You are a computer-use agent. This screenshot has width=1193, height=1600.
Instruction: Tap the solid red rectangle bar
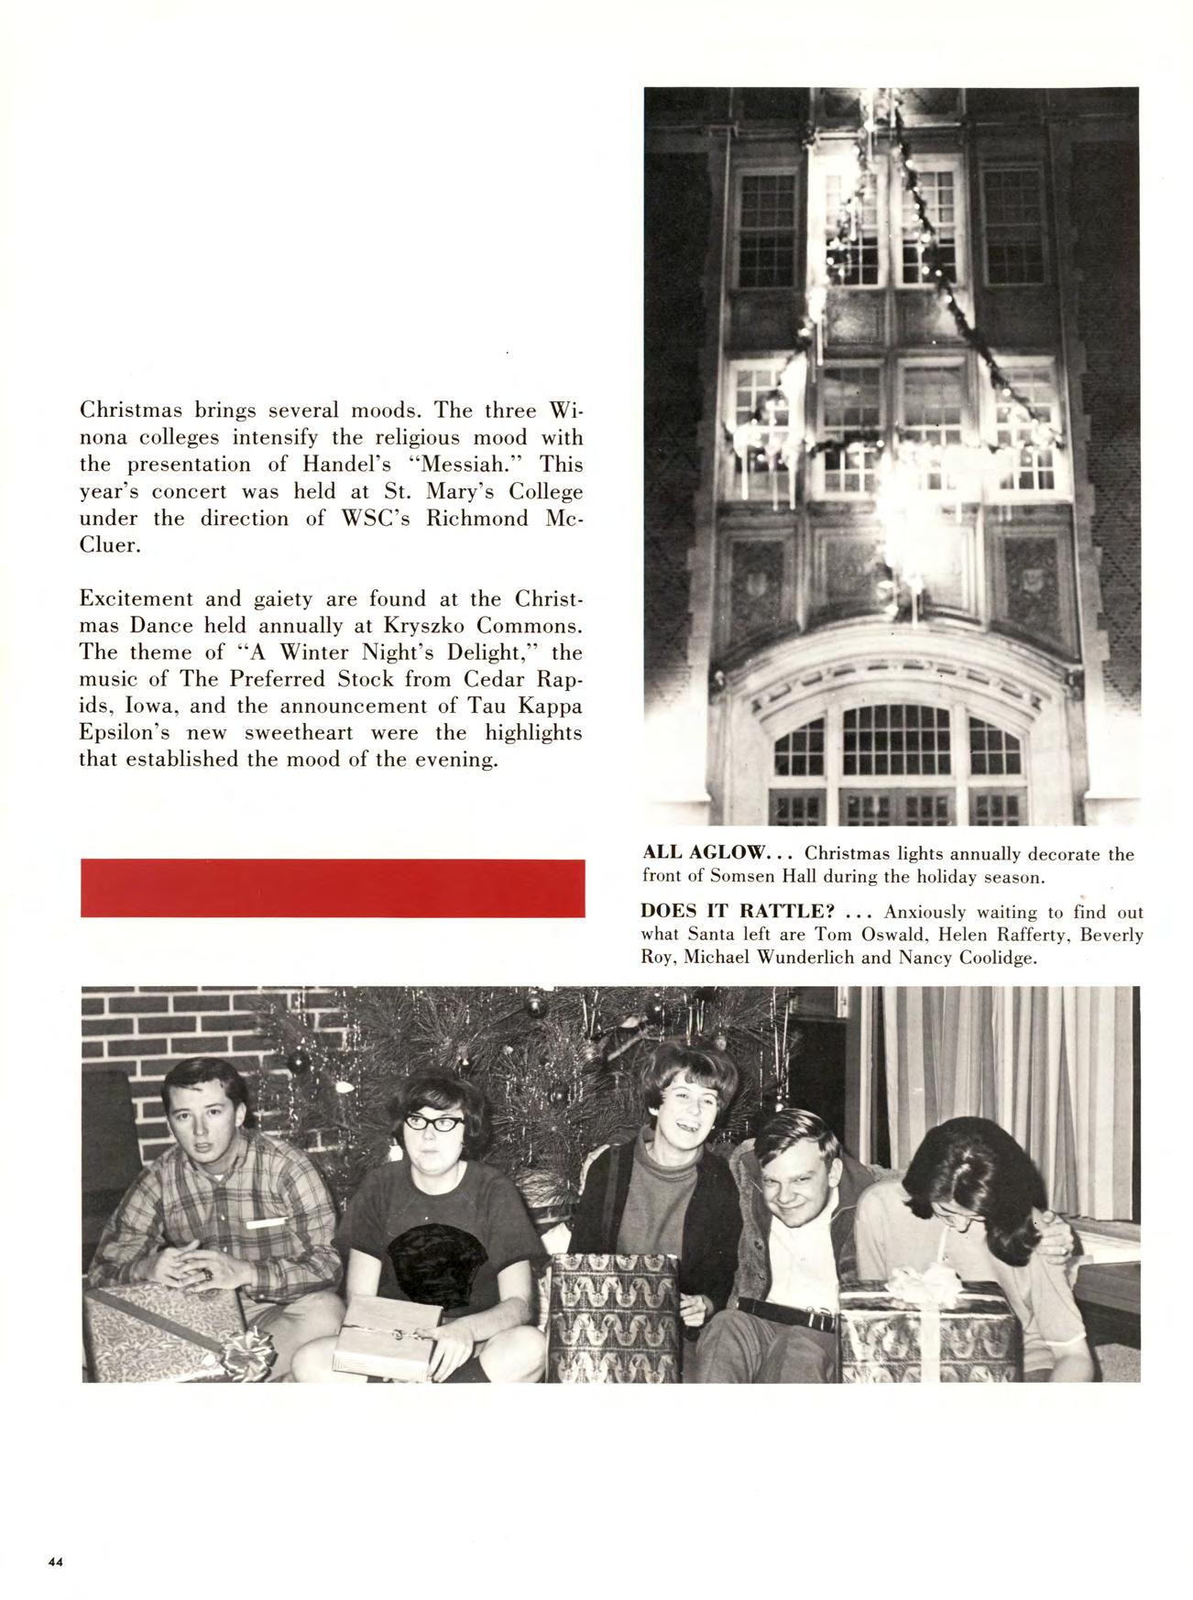click(333, 887)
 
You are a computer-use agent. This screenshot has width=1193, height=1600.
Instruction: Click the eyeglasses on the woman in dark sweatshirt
click(429, 1120)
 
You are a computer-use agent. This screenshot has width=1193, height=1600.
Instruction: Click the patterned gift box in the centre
click(613, 1316)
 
